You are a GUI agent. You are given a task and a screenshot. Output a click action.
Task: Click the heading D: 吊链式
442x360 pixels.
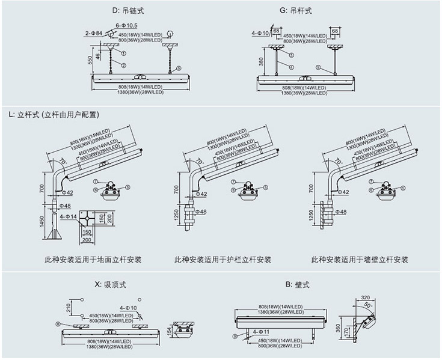128,11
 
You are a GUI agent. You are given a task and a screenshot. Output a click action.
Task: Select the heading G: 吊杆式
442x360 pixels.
296,11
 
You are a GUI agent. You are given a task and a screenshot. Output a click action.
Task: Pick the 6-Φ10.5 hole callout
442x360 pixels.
127,25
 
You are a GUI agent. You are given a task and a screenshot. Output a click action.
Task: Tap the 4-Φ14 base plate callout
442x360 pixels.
68,215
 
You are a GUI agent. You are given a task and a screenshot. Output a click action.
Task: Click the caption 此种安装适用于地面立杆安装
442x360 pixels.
93,260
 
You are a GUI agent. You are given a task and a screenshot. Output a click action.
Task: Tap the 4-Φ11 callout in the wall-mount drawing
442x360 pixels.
260,331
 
